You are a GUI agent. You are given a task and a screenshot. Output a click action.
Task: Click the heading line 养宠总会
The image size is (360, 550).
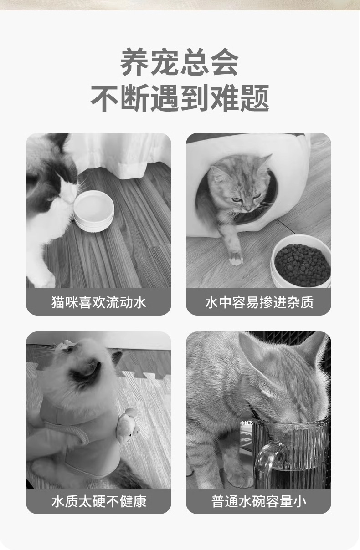point(180,62)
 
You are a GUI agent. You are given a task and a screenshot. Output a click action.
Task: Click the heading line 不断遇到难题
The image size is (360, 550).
point(180,98)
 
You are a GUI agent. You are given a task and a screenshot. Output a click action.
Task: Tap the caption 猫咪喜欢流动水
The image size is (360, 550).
point(99,302)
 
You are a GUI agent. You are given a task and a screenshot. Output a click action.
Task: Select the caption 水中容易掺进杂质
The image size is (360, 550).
point(259,302)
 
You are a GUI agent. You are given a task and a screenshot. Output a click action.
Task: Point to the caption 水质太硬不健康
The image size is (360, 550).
point(99,501)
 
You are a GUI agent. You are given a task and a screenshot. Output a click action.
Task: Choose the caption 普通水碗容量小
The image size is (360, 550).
point(259,501)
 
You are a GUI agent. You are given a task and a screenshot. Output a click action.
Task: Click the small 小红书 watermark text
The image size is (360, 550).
point(246,423)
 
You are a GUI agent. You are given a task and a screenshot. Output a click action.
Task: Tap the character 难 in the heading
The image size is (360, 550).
point(224,98)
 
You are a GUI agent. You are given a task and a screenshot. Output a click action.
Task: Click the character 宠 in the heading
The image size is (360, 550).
point(165,62)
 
